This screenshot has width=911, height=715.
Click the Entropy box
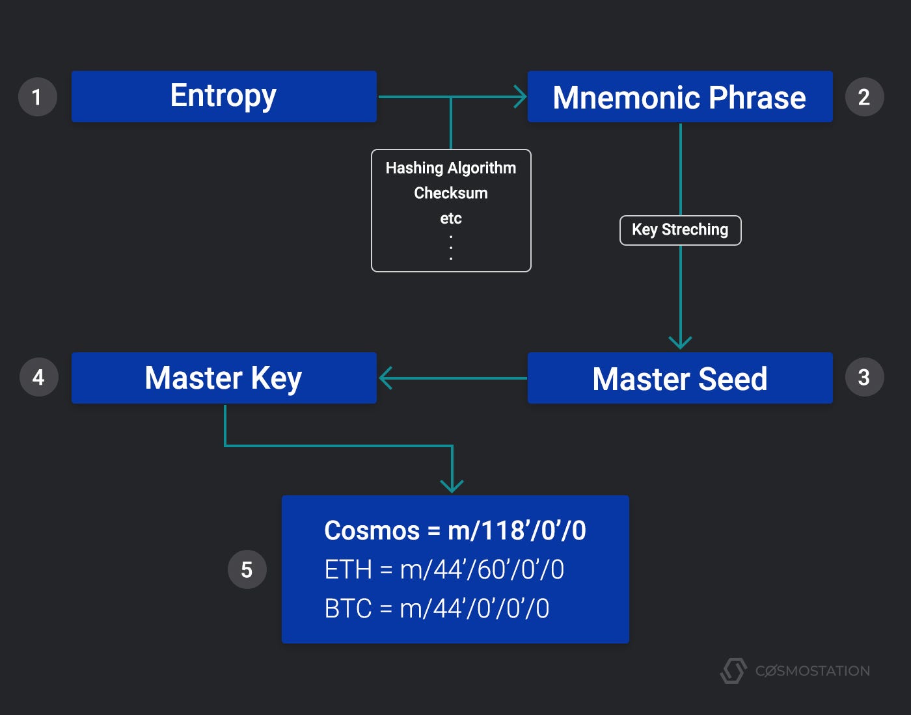pyautogui.click(x=224, y=96)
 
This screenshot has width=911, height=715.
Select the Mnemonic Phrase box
pyautogui.click(x=679, y=97)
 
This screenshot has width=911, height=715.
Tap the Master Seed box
pyautogui.click(x=679, y=378)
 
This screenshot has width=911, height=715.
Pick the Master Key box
pyautogui.click(x=224, y=378)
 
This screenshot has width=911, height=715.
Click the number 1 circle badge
pyautogui.click(x=37, y=97)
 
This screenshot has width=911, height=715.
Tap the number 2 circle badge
pyautogui.click(x=864, y=97)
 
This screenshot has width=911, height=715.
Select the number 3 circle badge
pyautogui.click(x=864, y=378)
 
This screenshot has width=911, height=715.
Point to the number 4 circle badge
pyautogui.click(x=38, y=378)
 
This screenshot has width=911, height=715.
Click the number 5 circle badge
pyautogui.click(x=247, y=569)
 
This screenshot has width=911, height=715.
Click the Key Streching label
pyautogui.click(x=680, y=230)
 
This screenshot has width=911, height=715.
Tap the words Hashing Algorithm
pyautogui.click(x=450, y=168)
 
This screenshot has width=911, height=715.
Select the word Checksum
pyautogui.click(x=450, y=193)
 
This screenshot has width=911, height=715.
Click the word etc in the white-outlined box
pyautogui.click(x=450, y=218)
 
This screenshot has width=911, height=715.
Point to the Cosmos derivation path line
pyautogui.click(x=455, y=531)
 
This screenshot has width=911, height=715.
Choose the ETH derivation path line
pyautogui.click(x=444, y=570)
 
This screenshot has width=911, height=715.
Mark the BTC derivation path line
pyautogui.click(x=437, y=609)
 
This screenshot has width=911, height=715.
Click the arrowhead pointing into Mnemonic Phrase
pyautogui.click(x=521, y=97)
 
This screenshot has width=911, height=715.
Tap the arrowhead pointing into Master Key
pyautogui.click(x=385, y=378)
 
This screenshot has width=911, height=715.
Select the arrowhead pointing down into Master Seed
pyautogui.click(x=680, y=343)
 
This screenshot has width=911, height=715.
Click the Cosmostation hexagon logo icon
pyautogui.click(x=733, y=671)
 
